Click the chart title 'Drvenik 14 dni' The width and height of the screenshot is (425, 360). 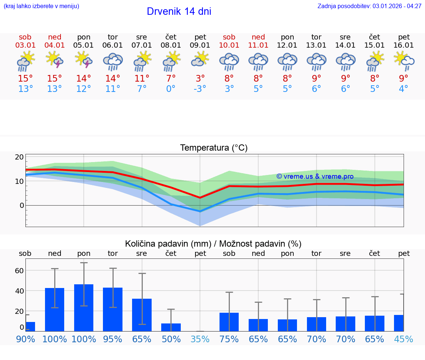[x=179, y=11]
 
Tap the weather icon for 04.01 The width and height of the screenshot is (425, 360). [x=55, y=60]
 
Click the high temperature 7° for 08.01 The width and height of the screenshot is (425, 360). [x=171, y=78]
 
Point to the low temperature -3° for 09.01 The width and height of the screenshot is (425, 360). [x=200, y=89]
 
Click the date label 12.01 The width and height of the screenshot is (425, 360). [x=287, y=45]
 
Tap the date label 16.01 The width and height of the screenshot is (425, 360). [x=404, y=45]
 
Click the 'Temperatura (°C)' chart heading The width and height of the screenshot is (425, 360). [x=214, y=148]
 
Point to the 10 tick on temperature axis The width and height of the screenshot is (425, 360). [x=19, y=181]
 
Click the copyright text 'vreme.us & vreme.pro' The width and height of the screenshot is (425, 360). [x=315, y=176]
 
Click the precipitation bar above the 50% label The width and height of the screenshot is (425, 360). [x=171, y=327]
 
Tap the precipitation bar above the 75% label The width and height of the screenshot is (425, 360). [x=229, y=322]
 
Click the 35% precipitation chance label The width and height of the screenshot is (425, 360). [x=200, y=339]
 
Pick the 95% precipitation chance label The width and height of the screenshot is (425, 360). [x=113, y=339]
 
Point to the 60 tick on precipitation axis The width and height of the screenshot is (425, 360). [x=19, y=271]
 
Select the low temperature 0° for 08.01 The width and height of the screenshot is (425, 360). [x=171, y=89]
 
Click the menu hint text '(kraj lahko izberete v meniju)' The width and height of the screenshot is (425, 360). [x=41, y=6]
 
